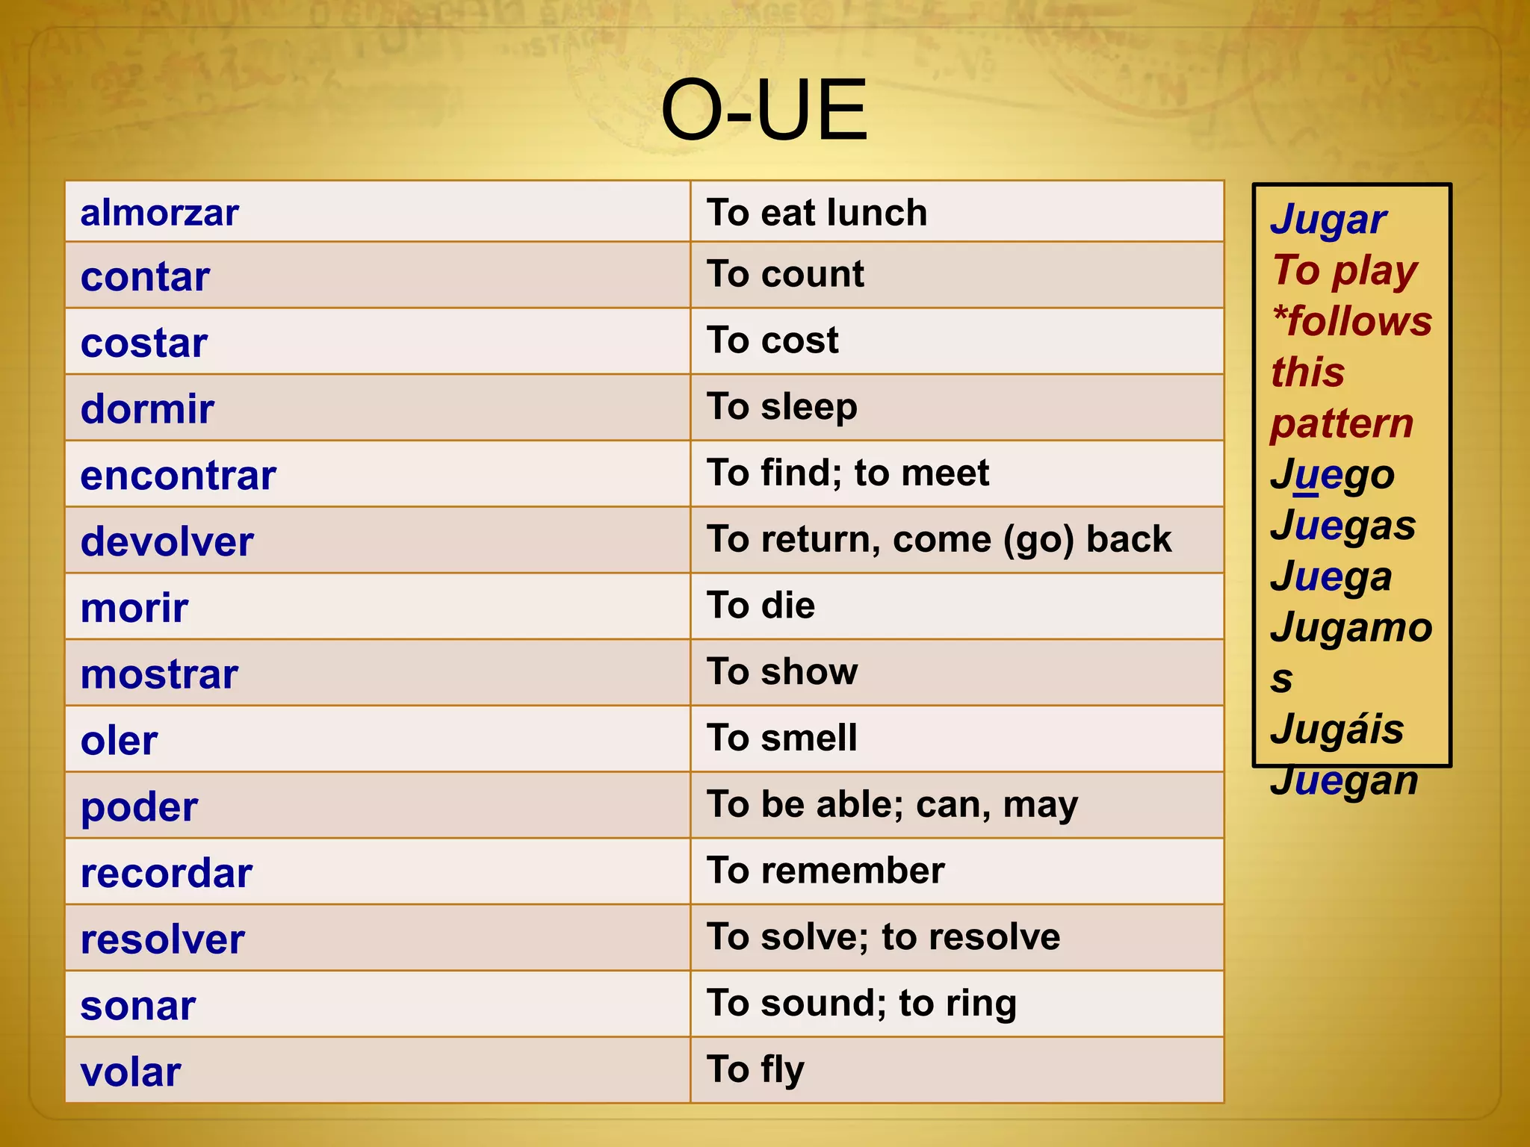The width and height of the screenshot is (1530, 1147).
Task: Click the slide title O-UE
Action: pyautogui.click(x=764, y=111)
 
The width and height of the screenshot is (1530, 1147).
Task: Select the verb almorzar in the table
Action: pyautogui.click(x=159, y=213)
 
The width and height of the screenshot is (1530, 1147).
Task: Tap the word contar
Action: pyautogui.click(x=145, y=277)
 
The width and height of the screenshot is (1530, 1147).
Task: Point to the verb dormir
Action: pyautogui.click(x=147, y=409)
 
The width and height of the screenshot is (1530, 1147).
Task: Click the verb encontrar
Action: pyautogui.click(x=178, y=476)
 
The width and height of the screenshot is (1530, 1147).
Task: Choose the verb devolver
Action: pyautogui.click(x=167, y=541)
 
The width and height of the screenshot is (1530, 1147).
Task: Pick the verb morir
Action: pyautogui.click(x=134, y=608)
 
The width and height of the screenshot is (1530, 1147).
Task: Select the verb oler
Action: pyautogui.click(x=119, y=741)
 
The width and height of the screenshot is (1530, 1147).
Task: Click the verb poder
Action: pyautogui.click(x=139, y=807)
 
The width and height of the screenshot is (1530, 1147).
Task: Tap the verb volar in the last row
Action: pyautogui.click(x=131, y=1072)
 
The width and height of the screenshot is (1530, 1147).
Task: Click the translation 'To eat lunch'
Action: pyautogui.click(x=817, y=213)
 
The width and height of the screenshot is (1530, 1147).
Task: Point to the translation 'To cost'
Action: pyautogui.click(x=772, y=341)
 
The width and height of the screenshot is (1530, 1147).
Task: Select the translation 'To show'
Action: pyautogui.click(x=782, y=671)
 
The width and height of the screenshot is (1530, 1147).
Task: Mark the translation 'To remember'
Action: pyautogui.click(x=826, y=871)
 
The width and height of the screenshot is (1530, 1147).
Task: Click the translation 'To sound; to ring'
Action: pyautogui.click(x=861, y=1003)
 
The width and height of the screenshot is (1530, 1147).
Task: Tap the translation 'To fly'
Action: pyautogui.click(x=755, y=1069)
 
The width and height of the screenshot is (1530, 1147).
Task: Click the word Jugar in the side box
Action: pyautogui.click(x=1328, y=220)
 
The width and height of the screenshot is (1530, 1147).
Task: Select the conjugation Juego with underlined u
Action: pyautogui.click(x=1332, y=475)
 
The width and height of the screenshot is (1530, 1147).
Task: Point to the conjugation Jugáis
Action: pyautogui.click(x=1337, y=729)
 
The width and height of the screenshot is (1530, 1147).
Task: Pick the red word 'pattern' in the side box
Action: pyautogui.click(x=1342, y=424)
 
